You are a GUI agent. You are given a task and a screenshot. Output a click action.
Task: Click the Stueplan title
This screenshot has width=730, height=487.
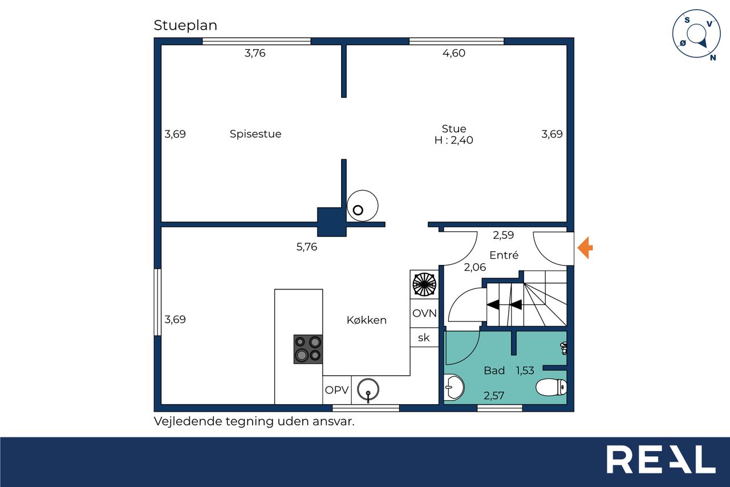[x=185, y=26]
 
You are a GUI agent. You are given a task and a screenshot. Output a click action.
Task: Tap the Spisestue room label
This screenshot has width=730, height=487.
[x=255, y=134]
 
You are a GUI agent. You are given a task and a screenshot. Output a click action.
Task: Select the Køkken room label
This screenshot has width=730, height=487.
[x=367, y=320]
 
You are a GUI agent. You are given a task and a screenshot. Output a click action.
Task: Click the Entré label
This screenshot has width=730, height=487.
[x=504, y=255]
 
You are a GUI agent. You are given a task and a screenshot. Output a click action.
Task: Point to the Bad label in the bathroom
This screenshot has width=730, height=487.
[x=494, y=370]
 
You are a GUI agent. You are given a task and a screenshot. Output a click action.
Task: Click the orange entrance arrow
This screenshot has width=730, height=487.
[x=585, y=248]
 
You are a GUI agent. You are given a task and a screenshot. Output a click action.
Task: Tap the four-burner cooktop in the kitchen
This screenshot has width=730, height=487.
[x=308, y=349]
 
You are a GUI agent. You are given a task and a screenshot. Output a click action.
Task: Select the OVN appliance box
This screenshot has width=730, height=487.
[x=424, y=313]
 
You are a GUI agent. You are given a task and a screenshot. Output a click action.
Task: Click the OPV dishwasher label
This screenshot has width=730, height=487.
[x=337, y=390]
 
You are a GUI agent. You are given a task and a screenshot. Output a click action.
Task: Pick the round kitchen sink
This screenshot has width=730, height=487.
[x=368, y=389]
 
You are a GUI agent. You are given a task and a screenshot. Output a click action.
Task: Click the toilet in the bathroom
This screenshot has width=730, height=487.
[x=551, y=387]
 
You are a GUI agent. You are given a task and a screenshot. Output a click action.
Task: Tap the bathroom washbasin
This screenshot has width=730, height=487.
[x=454, y=388]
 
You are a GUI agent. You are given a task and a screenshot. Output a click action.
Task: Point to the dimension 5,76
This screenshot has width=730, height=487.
[x=307, y=247]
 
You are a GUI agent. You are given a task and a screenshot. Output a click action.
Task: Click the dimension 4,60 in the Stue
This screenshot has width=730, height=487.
[x=453, y=53]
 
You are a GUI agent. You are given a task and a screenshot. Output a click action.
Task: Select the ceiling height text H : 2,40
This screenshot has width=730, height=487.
[x=453, y=140]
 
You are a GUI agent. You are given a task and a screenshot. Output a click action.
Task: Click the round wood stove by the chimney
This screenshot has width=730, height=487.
[x=362, y=206]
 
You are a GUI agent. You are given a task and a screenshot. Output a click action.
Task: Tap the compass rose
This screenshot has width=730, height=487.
[x=696, y=34]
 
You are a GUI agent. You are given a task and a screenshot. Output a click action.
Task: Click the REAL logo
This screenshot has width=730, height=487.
[x=661, y=460]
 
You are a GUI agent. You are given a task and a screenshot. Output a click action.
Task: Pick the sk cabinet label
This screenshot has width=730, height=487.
[x=424, y=337]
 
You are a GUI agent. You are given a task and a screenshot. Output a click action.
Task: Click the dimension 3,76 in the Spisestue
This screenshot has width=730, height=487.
[x=255, y=53]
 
